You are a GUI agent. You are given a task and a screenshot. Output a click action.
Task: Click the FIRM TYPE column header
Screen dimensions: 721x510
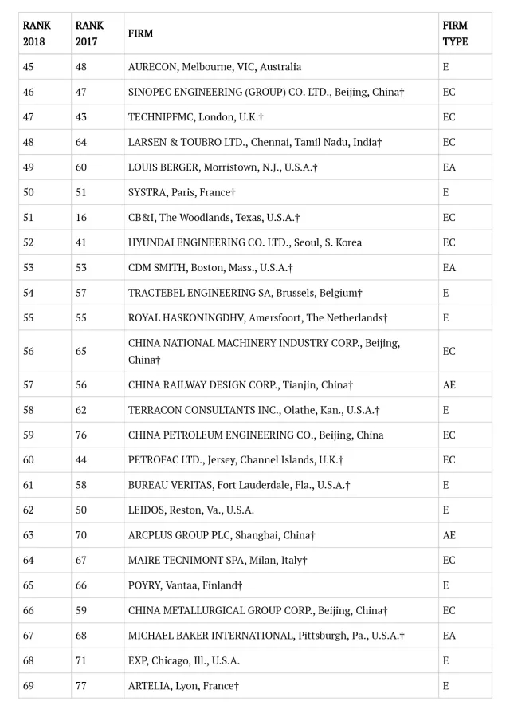click(455, 33)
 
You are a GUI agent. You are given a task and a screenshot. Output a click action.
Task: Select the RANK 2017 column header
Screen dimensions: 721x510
click(89, 33)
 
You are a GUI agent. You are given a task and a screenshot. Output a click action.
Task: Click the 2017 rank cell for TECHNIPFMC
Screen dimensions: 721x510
click(81, 117)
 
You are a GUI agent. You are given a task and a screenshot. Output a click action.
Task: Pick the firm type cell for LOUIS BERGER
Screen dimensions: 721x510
click(449, 167)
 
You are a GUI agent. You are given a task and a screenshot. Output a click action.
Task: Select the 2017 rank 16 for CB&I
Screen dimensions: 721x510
click(81, 218)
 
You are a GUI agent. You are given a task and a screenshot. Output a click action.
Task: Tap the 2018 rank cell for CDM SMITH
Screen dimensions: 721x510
click(29, 268)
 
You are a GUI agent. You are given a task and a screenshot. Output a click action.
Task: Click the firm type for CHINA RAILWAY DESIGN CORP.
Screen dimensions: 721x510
click(449, 384)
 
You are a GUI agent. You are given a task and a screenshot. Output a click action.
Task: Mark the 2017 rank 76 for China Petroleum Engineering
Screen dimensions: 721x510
click(81, 435)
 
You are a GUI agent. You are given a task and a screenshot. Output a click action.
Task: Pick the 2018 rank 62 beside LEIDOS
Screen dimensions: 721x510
click(29, 510)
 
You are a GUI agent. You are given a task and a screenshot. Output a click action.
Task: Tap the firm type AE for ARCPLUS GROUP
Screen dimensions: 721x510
click(449, 535)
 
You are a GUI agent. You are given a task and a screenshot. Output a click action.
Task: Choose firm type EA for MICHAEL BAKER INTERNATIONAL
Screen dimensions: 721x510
click(449, 636)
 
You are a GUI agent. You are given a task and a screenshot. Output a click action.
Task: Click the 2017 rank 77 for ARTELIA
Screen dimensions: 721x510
click(81, 685)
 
